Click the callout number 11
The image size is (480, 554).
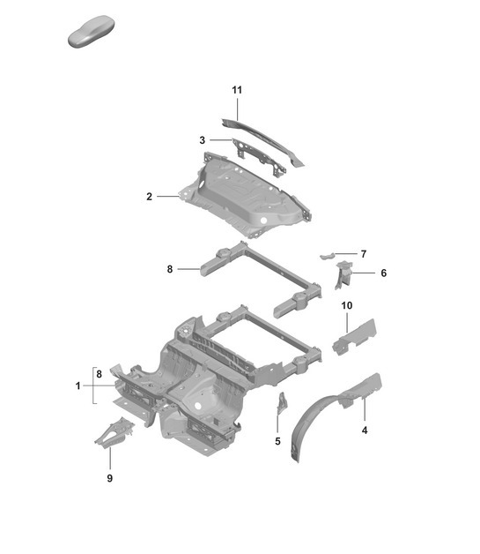(237, 90)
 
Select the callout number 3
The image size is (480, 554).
(202, 140)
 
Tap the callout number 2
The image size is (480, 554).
(150, 196)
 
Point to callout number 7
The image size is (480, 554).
(363, 253)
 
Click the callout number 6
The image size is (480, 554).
(383, 273)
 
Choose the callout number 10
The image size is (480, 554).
(347, 305)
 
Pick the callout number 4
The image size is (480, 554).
(364, 430)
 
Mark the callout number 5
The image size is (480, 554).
(277, 441)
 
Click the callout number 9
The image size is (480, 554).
(110, 478)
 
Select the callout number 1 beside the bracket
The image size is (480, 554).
(78, 386)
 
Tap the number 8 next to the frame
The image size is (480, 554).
(170, 268)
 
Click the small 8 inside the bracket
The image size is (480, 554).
(99, 374)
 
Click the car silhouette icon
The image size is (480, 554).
(94, 36)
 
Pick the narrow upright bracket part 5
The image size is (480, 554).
(282, 406)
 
